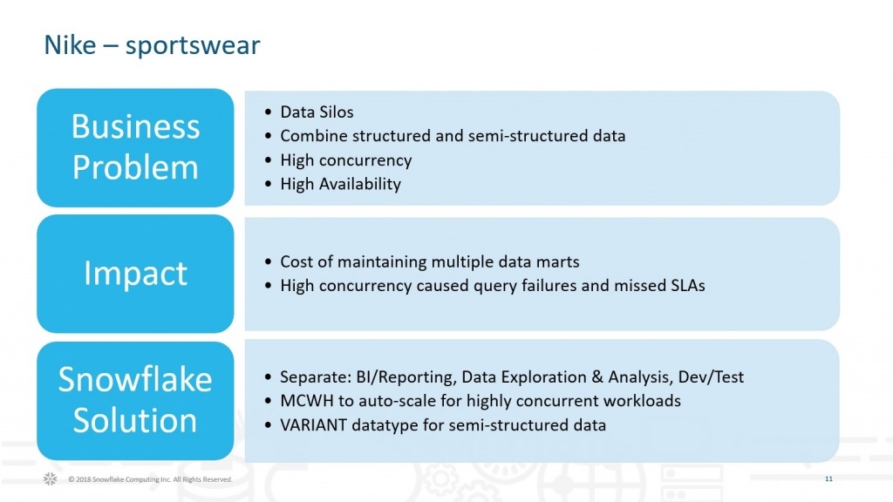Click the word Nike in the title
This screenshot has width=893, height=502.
pyautogui.click(x=70, y=44)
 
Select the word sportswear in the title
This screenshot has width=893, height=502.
pyautogui.click(x=193, y=46)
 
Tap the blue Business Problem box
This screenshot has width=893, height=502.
pyautogui.click(x=135, y=147)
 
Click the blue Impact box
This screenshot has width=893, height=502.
pyautogui.click(x=135, y=274)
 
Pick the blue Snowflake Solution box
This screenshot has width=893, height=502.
pyautogui.click(x=135, y=401)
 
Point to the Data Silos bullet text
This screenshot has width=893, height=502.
pyautogui.click(x=317, y=112)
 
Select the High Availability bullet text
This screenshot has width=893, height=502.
pyautogui.click(x=341, y=185)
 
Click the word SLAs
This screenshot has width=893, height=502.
pyautogui.click(x=688, y=285)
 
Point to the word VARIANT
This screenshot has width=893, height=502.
pyautogui.click(x=314, y=425)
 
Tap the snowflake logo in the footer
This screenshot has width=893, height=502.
pyautogui.click(x=50, y=479)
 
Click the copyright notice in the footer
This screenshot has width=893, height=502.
pyautogui.click(x=150, y=479)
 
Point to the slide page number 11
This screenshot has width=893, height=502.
pyautogui.click(x=828, y=479)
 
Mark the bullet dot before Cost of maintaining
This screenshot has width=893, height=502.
pyautogui.click(x=269, y=262)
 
